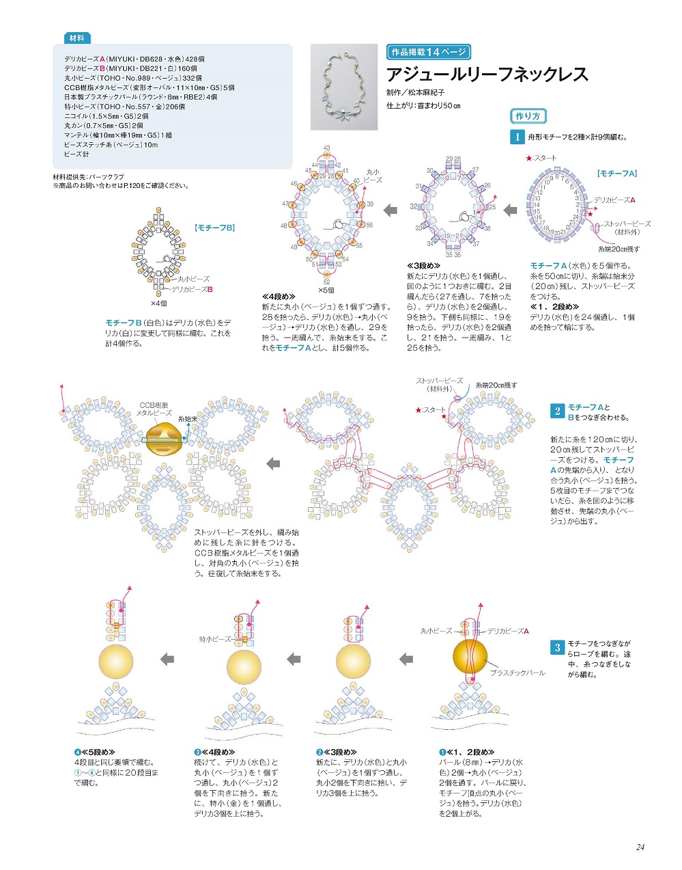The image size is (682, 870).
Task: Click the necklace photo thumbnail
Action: [x=344, y=87]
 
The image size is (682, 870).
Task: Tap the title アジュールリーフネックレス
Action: [x=487, y=74]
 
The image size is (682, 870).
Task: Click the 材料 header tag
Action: [x=76, y=38]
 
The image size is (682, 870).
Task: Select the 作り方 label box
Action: [x=528, y=116]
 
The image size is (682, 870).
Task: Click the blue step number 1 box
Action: [x=517, y=137]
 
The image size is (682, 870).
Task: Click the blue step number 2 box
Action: [x=557, y=411]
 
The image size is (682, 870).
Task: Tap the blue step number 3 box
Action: [x=557, y=647]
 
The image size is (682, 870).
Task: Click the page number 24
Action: [x=640, y=847]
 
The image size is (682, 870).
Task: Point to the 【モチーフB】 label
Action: [x=214, y=228]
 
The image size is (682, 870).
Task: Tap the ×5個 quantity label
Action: [x=326, y=290]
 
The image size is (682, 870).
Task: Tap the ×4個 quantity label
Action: [x=159, y=303]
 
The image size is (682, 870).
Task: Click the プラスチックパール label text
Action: [x=517, y=673]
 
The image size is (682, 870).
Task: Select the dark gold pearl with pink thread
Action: [x=470, y=656]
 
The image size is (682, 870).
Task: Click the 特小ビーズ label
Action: [x=215, y=639]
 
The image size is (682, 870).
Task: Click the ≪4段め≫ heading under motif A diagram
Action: [x=278, y=297]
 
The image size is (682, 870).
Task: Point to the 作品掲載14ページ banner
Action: [x=428, y=52]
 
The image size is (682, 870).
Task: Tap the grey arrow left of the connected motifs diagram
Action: [x=273, y=464]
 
